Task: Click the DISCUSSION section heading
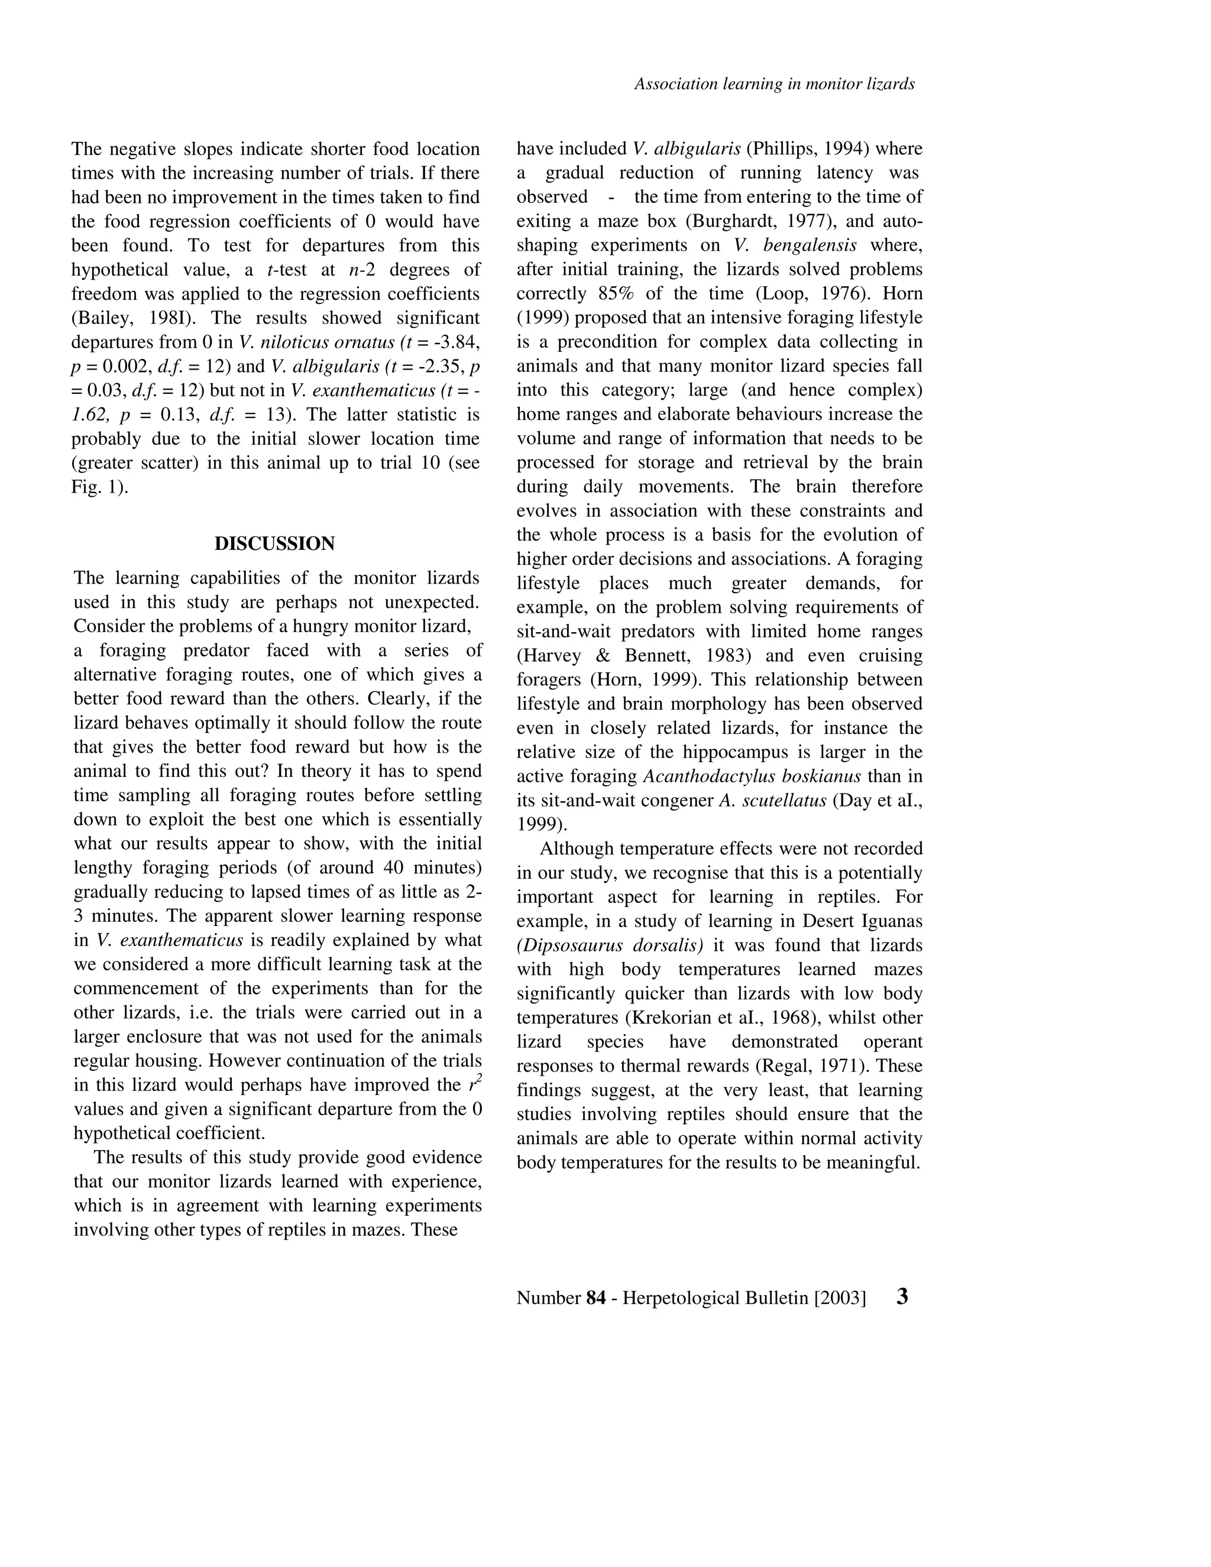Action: tap(275, 544)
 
